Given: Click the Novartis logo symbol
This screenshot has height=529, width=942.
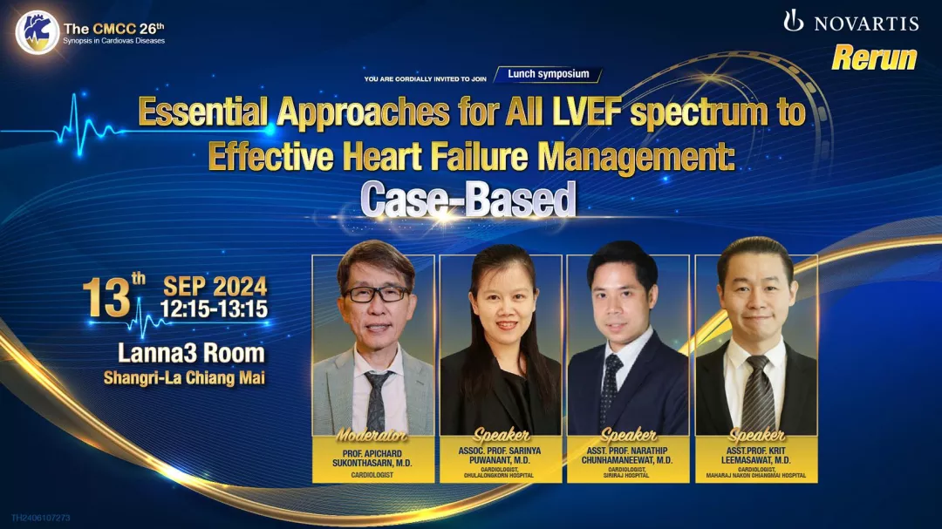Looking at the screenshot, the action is coord(793,20).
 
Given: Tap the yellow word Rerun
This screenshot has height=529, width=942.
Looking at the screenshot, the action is coord(874,58).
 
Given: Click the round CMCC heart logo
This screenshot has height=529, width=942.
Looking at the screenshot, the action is coord(38,32).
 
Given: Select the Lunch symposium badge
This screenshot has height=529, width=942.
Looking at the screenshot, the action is coord(548,74).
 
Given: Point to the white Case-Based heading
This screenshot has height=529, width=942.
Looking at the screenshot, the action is coord(468,199).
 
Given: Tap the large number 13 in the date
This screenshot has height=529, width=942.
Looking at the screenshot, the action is coord(107,296).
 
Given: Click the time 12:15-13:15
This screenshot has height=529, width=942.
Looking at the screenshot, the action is coord(214,309).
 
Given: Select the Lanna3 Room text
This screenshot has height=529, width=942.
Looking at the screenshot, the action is coord(191,353).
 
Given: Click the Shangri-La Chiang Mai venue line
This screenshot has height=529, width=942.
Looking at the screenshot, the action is coord(184,377).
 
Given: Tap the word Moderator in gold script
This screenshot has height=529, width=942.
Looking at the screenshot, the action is coord(372,436).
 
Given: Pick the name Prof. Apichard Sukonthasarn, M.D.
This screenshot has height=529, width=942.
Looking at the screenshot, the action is coord(372,458).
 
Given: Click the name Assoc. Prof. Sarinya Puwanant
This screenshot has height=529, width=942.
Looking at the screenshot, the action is coord(499,455).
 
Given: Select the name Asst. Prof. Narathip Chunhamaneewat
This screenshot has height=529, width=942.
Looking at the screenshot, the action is coord(627,455).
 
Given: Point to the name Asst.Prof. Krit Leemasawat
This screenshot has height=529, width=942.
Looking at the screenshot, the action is coord(755,455).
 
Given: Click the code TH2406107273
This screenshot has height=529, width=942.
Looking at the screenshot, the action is coord(41,518).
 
